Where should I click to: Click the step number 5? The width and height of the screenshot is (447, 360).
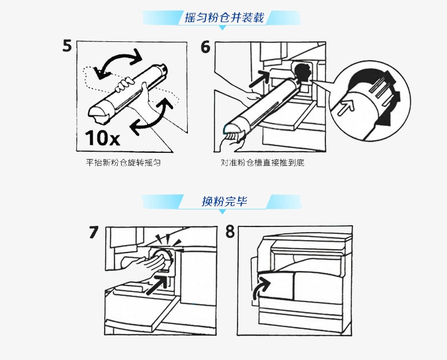(67, 46)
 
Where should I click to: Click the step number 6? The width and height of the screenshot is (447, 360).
(205, 47)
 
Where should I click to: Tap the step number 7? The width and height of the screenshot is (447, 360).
(93, 232)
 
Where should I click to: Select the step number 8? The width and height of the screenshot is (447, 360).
(230, 232)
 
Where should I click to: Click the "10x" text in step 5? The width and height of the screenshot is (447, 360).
(102, 138)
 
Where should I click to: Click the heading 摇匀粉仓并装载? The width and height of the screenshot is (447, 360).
(225, 18)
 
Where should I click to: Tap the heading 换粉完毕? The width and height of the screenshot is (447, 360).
(225, 202)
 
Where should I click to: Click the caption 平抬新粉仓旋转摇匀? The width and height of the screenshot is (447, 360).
(123, 162)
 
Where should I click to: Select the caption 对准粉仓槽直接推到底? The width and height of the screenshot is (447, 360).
(263, 162)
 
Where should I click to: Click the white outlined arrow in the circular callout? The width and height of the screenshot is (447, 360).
(346, 107)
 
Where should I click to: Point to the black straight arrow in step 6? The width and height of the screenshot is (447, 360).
(259, 79)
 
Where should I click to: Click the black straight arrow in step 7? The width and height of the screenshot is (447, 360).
(157, 284)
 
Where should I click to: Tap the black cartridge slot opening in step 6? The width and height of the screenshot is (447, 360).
(302, 72)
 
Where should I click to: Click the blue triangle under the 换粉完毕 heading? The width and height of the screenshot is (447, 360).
(223, 212)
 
